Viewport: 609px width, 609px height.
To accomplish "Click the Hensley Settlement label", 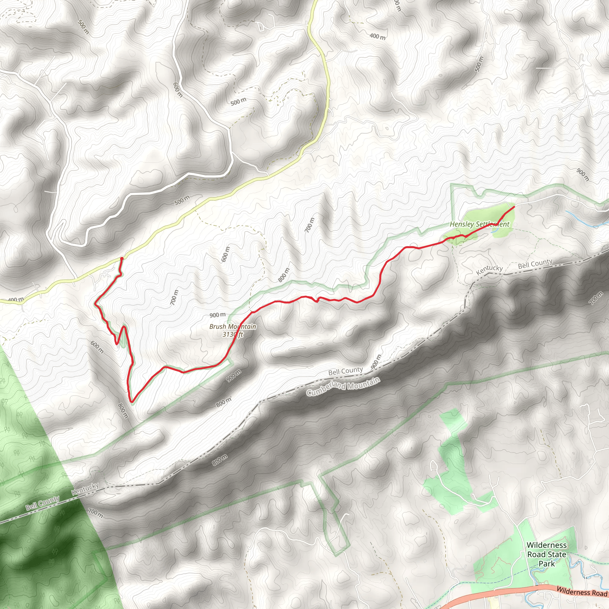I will click(x=479, y=225).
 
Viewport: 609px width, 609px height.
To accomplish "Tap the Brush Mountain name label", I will click(x=233, y=327).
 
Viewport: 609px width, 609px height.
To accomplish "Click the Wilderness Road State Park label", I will click(x=547, y=554).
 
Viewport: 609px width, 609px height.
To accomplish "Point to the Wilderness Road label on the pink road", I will click(x=582, y=592).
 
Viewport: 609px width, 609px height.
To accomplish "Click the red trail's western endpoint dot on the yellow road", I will click(x=122, y=258).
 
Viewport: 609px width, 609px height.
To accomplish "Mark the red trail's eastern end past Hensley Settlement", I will click(x=514, y=206).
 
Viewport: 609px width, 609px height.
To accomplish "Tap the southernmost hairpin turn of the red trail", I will click(x=132, y=402).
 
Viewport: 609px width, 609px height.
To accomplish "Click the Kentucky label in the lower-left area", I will click(x=85, y=489).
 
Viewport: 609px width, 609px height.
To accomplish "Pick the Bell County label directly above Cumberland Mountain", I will click(x=346, y=371).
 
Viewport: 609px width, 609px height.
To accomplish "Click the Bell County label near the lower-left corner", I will click(x=42, y=503).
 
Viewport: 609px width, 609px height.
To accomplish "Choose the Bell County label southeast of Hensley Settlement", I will click(x=535, y=264).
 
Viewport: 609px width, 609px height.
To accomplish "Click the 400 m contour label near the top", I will click(x=378, y=37).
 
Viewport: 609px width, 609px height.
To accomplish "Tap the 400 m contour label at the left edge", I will click(x=15, y=299).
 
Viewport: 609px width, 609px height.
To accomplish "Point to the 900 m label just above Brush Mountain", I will click(x=217, y=315).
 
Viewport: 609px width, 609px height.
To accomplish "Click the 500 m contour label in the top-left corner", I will click(x=84, y=27).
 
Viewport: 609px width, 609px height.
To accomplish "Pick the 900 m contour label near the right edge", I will click(x=583, y=175).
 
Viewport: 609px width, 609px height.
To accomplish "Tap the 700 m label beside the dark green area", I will click(x=95, y=513).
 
